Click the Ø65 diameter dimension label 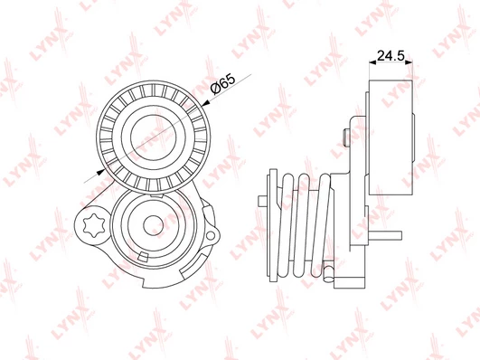click(223, 84)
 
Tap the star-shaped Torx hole click(94, 226)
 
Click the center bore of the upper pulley click(154, 137)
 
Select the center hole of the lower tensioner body click(153, 226)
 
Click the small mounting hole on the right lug click(211, 235)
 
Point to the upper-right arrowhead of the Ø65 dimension click(206, 105)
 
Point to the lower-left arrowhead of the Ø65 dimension click(100, 172)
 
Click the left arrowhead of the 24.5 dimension click(372, 62)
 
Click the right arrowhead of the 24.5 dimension click(409, 62)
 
